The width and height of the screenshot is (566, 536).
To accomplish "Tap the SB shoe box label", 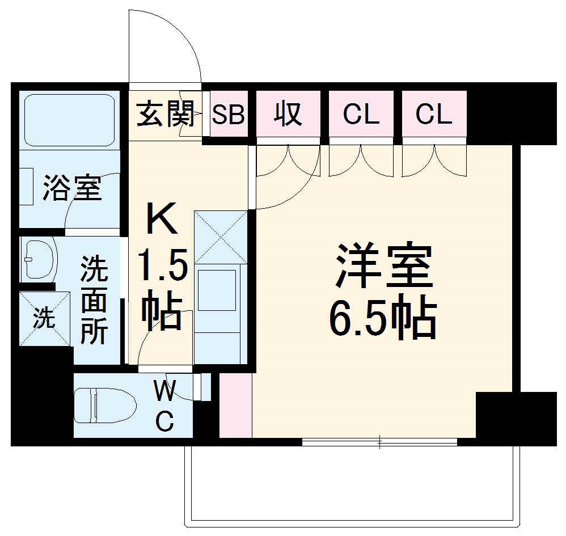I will point(228,115).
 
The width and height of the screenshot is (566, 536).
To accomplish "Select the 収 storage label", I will point(288,115).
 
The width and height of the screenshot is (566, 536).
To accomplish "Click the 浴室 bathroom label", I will point(73,188).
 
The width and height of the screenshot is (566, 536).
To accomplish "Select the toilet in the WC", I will point(105,405).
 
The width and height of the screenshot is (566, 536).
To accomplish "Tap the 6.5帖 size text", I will point(383,319).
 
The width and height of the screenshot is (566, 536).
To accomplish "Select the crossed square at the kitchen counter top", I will point(221,237).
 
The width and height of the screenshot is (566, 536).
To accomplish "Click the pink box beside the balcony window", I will point(235,406).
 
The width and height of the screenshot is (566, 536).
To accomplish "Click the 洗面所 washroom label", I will point(94,300).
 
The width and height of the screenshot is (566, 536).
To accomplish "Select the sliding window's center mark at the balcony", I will point(379,442).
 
